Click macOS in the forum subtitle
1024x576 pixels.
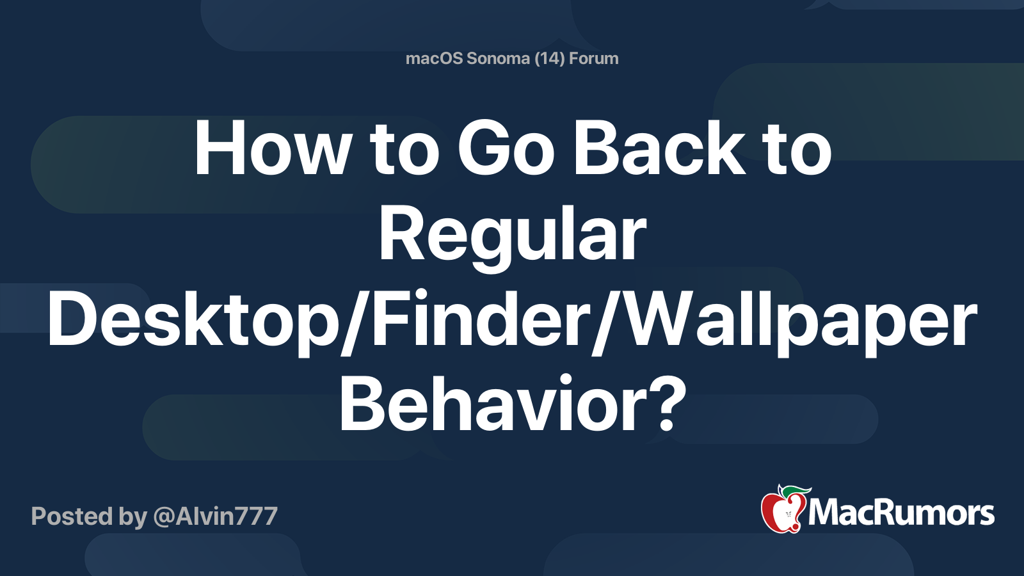tap(434, 59)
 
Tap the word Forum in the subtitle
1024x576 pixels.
tap(594, 59)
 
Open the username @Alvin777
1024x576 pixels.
tap(215, 516)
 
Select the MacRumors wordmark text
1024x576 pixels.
tap(901, 513)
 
